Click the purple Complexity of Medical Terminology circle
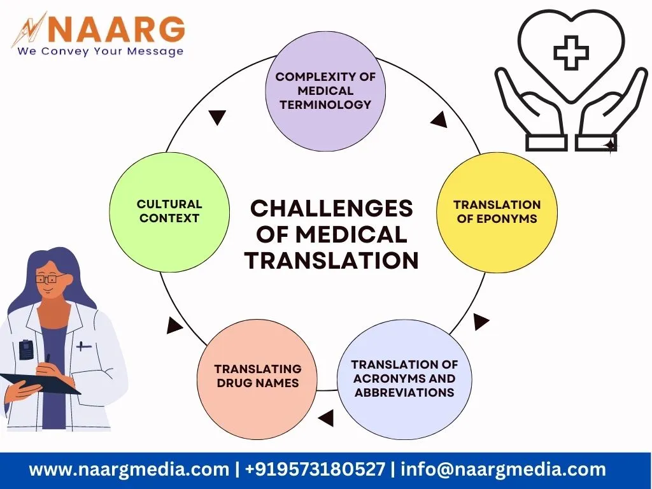325,91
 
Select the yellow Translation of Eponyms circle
497,212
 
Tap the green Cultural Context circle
169,212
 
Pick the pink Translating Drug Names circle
257,379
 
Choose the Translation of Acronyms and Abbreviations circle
404,379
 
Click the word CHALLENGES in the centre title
331,208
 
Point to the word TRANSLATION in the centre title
331,260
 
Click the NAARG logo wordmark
116,29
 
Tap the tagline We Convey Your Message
100,51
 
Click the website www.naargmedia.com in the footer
129,469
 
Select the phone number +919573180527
315,469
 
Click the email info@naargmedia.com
503,469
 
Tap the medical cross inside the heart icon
571,53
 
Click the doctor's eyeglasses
50,278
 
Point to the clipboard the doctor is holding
39,383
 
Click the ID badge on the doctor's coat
25,350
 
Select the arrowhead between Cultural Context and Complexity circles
217,117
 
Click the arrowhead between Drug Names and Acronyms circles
326,418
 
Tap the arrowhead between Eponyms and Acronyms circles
481,322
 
